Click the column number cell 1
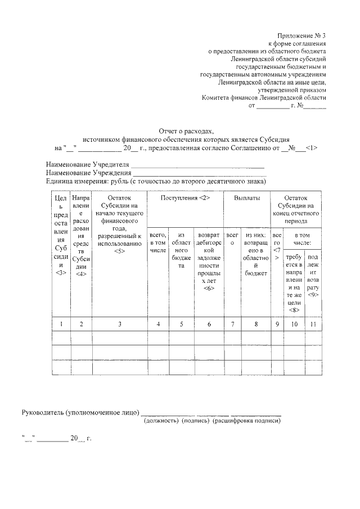click(61, 324)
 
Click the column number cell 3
click(119, 324)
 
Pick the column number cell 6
click(209, 324)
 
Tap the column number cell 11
click(313, 324)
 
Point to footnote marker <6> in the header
click(209, 288)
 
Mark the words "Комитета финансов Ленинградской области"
click(264, 97)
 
